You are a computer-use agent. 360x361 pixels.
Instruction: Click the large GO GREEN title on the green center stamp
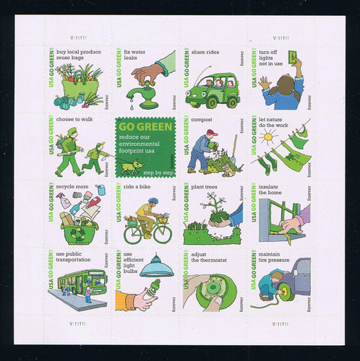point(145,127)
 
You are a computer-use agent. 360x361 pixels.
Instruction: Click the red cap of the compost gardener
point(210,132)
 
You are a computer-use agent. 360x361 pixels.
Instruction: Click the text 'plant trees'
point(208,187)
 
